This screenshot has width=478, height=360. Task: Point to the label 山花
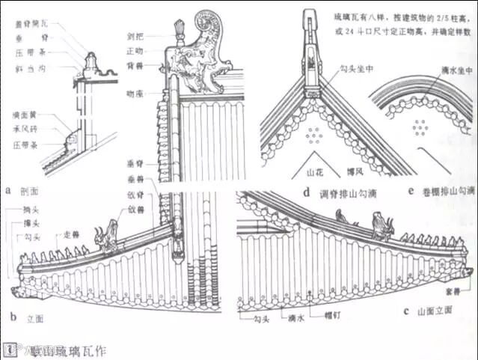(x=315, y=171)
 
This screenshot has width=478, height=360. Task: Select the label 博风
(x=355, y=171)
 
